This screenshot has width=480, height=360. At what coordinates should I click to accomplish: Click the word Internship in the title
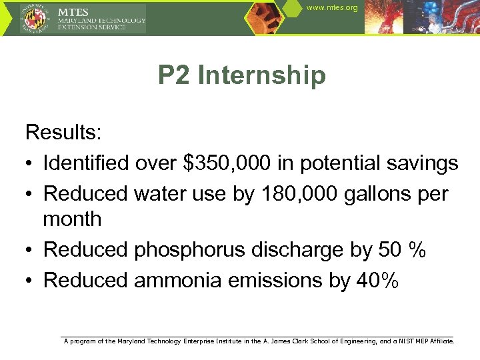[262, 75]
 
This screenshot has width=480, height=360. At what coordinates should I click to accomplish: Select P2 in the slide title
[175, 75]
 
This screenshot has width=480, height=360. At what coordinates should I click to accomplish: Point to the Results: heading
[63, 132]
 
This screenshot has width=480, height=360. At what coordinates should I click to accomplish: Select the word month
[72, 219]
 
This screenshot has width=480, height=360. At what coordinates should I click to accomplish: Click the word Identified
[86, 163]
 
